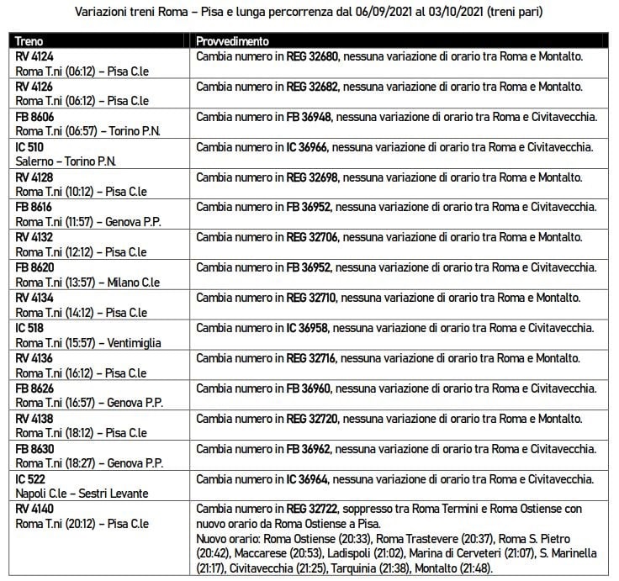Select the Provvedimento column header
(x=232, y=40)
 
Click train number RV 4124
(x=35, y=55)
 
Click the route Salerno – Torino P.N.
(x=66, y=161)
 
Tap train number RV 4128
(x=35, y=177)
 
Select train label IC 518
(x=31, y=327)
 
